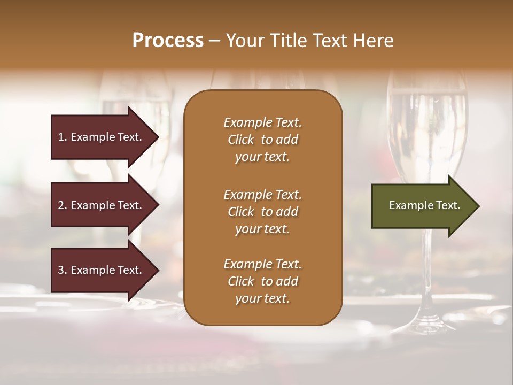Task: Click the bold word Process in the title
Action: click(x=168, y=41)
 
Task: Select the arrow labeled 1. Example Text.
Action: click(x=102, y=137)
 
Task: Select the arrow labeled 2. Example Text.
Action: click(x=102, y=205)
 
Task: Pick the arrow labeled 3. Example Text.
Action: click(x=102, y=270)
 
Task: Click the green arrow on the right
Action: click(x=422, y=206)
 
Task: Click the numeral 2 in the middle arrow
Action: click(x=60, y=205)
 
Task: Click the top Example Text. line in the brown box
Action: click(x=262, y=122)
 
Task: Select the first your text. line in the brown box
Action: click(x=262, y=157)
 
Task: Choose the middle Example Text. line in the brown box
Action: click(x=262, y=195)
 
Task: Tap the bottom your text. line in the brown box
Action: click(x=262, y=298)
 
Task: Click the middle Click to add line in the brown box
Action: click(x=262, y=212)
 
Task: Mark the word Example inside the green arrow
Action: click(x=408, y=205)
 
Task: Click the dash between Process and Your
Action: click(x=214, y=41)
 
